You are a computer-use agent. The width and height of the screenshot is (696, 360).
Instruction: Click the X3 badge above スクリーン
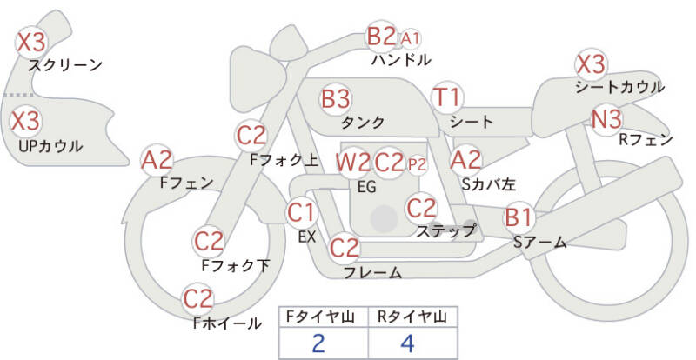click(x=31, y=40)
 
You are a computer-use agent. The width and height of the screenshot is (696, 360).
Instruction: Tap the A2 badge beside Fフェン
click(x=158, y=159)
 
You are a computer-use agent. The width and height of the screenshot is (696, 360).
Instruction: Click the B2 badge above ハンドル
click(x=381, y=37)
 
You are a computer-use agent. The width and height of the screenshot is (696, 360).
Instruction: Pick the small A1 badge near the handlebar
click(x=411, y=38)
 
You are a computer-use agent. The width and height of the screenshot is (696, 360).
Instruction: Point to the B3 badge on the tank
click(x=336, y=98)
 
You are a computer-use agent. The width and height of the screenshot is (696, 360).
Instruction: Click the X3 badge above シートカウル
click(x=592, y=63)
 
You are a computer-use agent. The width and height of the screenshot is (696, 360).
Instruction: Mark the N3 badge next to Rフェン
click(x=606, y=119)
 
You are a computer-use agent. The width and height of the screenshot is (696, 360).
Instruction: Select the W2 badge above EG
click(x=353, y=162)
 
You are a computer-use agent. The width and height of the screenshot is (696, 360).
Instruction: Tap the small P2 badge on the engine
click(x=418, y=163)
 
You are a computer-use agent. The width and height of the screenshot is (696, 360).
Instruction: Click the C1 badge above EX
click(x=301, y=211)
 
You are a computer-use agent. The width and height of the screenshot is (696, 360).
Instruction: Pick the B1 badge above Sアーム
click(x=519, y=216)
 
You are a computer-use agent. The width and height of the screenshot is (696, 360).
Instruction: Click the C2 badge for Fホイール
click(x=198, y=299)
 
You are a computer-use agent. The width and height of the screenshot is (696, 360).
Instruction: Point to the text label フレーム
click(x=372, y=272)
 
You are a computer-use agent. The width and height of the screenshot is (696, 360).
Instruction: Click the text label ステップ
click(x=445, y=230)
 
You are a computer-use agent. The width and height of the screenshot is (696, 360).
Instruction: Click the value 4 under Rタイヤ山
click(x=407, y=343)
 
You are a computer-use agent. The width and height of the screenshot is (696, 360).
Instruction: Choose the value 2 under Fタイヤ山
click(x=318, y=343)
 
